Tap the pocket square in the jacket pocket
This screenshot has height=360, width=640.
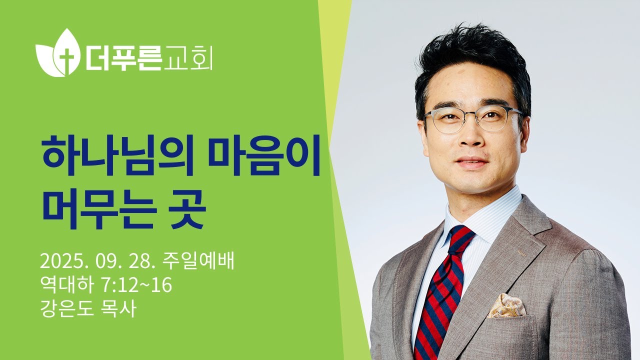(506, 305)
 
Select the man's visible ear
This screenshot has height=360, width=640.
(524, 130)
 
